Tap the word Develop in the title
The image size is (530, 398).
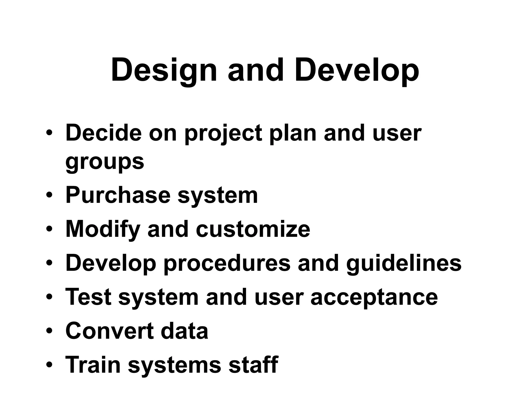pyautogui.click(x=357, y=70)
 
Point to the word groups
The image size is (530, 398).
pyautogui.click(x=105, y=162)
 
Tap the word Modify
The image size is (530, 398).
pyautogui.click(x=103, y=230)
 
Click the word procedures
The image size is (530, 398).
pyautogui.click(x=227, y=263)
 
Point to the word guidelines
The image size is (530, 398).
pyautogui.click(x=404, y=263)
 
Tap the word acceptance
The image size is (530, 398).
pyautogui.click(x=374, y=297)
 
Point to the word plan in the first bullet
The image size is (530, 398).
pyautogui.click(x=293, y=134)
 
